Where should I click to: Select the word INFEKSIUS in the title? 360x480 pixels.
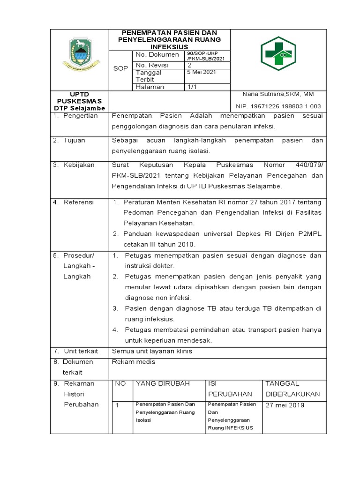169,47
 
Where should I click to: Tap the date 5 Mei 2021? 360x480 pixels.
202,72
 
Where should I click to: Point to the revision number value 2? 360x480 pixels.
189,65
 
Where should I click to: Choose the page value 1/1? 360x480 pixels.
192,87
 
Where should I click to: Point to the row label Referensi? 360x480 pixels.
79,202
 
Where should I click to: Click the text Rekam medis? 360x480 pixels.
134,361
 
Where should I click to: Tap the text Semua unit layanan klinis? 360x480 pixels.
152,351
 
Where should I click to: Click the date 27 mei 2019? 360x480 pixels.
285,405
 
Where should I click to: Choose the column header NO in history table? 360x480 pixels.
120,383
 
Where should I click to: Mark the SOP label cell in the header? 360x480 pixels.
120,68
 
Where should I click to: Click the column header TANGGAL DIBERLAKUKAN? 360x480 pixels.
292,389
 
